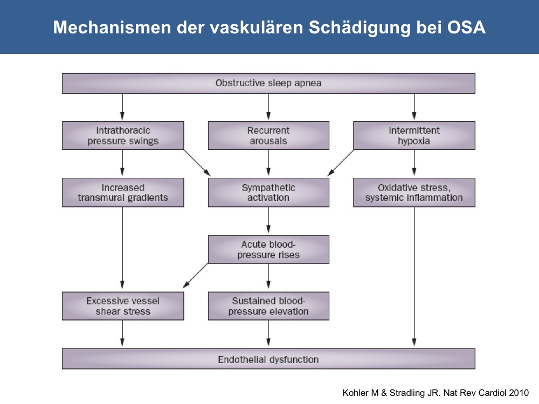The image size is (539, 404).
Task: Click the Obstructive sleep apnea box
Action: click(x=268, y=83)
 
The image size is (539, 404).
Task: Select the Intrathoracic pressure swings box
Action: click(x=123, y=135)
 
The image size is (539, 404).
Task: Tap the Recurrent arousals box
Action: click(x=268, y=135)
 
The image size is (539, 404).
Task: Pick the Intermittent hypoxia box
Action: click(x=414, y=135)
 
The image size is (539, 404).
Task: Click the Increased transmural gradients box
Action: click(x=123, y=192)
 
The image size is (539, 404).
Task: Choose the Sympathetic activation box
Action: click(x=268, y=192)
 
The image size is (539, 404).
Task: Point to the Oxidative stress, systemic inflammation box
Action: click(x=414, y=192)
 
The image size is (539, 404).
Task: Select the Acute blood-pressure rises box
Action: click(x=268, y=249)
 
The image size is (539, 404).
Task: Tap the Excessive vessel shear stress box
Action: click(x=123, y=306)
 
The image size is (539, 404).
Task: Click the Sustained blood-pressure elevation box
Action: click(x=268, y=306)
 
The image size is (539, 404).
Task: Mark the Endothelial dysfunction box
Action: click(x=268, y=359)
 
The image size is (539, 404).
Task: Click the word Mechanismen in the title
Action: click(x=112, y=27)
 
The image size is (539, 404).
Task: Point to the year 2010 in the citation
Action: click(x=519, y=393)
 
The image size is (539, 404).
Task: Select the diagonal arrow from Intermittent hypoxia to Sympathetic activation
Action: click(x=341, y=163)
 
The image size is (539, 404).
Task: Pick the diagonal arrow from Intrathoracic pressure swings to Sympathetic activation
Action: click(x=197, y=163)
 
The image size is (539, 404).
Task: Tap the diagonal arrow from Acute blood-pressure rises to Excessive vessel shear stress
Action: click(x=195, y=275)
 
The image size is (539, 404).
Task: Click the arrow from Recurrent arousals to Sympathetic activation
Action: click(x=268, y=163)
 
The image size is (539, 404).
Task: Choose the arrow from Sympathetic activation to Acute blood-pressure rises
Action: click(x=268, y=220)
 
